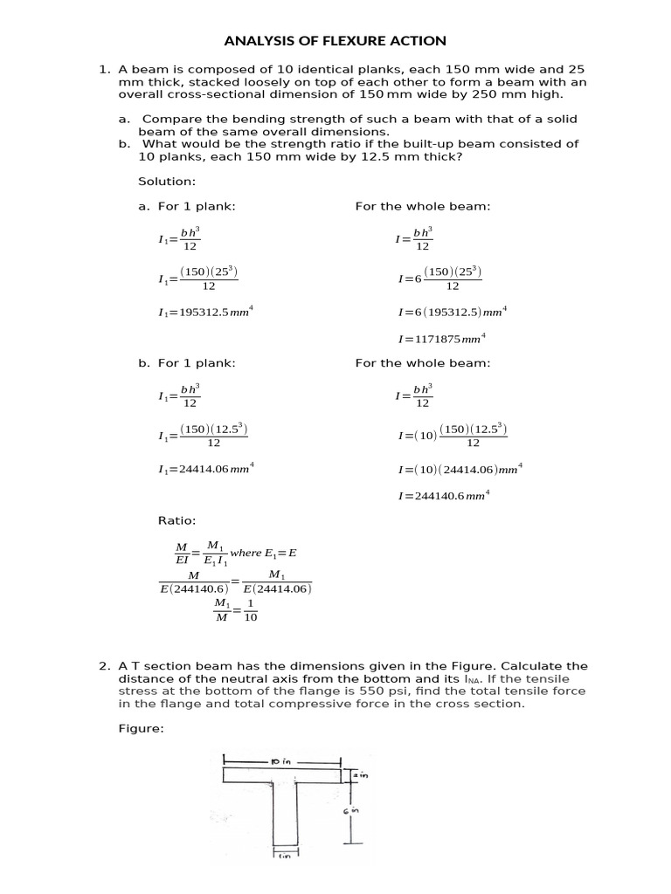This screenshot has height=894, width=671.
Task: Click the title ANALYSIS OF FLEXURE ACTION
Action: point(335,41)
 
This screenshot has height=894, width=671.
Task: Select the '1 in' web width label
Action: point(286,856)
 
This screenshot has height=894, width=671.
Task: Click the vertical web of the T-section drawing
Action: point(286,812)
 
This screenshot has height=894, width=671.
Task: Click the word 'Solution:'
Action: point(167,182)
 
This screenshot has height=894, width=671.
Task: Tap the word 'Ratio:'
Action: point(177,520)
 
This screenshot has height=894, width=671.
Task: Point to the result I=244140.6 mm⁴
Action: point(444,495)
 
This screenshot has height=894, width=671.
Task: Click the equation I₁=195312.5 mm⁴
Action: point(205,312)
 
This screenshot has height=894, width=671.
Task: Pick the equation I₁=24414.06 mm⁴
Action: point(205,469)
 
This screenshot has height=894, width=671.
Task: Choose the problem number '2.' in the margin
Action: point(104,667)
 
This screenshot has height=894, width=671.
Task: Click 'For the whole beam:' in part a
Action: point(423,206)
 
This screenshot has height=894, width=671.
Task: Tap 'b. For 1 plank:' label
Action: point(187,363)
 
